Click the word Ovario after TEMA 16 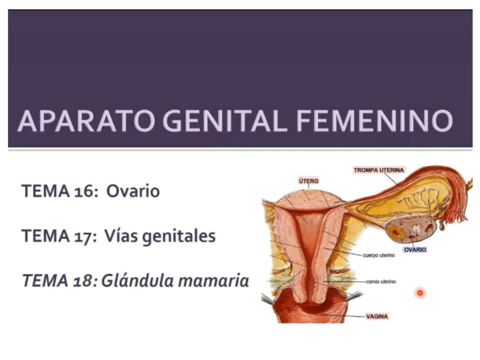[x=133, y=190]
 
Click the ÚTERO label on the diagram [x=309, y=181]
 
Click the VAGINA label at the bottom [x=377, y=315]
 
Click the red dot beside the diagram [x=421, y=293]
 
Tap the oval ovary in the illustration [x=408, y=224]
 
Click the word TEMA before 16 [x=43, y=190]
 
